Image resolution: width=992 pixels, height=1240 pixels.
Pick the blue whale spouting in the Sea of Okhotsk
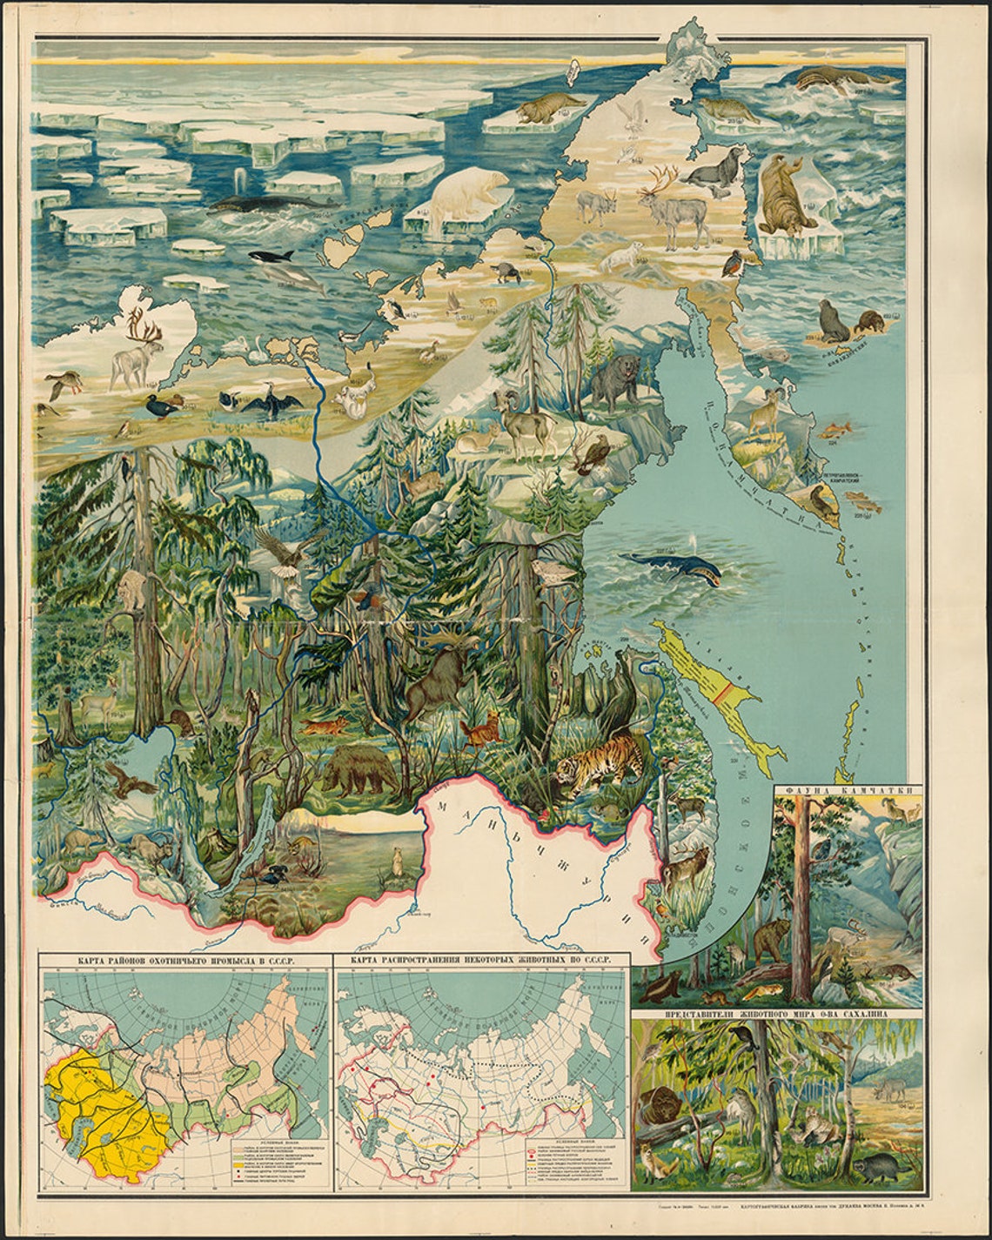click(679, 570)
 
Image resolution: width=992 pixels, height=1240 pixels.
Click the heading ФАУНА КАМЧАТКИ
click(846, 793)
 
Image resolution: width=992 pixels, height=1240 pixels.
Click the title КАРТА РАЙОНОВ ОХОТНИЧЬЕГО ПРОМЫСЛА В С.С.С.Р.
click(184, 960)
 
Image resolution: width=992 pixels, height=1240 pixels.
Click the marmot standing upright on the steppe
click(397, 862)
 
